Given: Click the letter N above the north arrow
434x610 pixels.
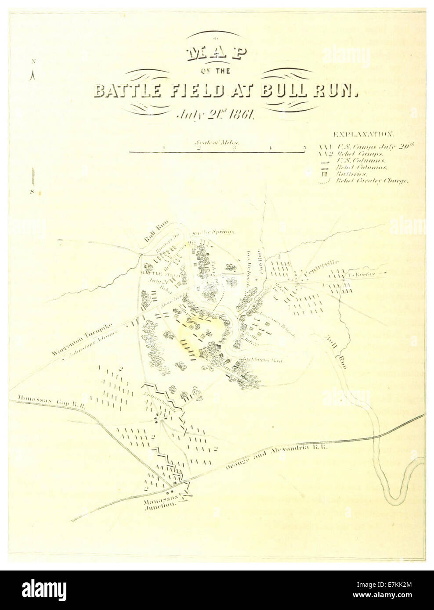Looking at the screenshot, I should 33,61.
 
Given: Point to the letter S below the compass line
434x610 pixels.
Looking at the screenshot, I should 32,191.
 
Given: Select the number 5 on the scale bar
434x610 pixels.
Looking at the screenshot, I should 304,147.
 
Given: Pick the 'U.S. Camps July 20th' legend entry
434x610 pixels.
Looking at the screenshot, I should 373,147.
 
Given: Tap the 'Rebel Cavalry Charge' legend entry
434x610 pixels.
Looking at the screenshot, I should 372,180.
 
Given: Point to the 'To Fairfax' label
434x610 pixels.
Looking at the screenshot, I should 358,275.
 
